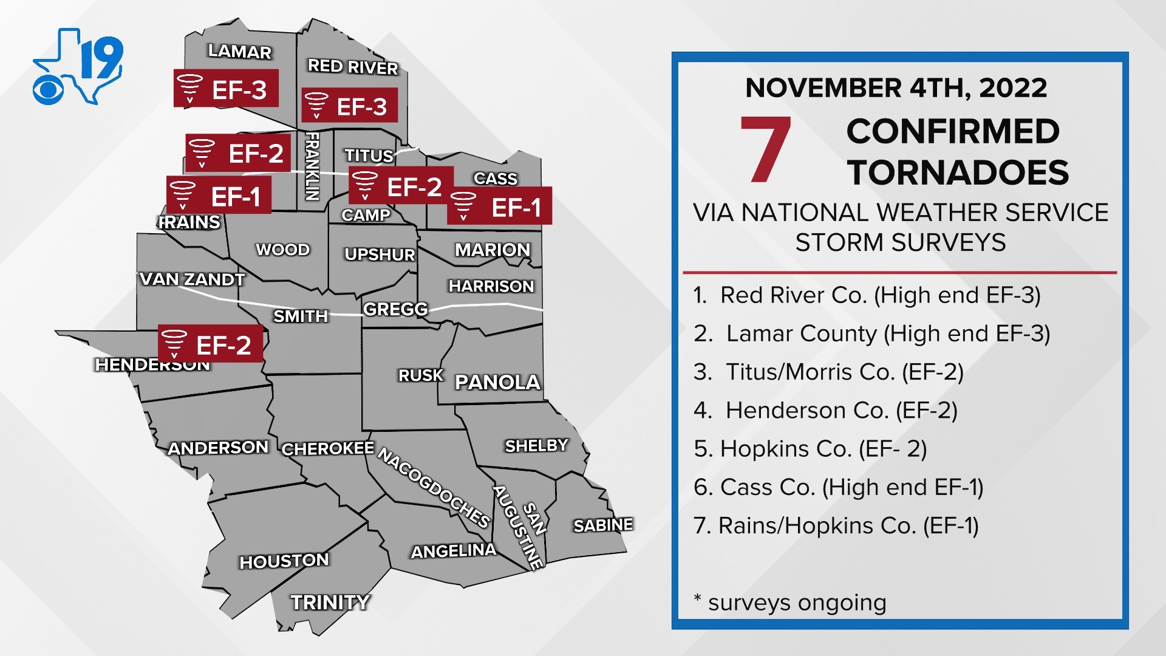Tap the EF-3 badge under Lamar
(x=226, y=89)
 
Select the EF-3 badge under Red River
(x=350, y=106)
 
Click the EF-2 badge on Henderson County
(x=210, y=344)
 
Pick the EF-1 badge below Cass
(x=499, y=207)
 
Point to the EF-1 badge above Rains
(x=219, y=196)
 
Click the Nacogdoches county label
(x=434, y=488)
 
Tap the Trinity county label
(x=330, y=602)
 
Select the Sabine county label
(x=603, y=525)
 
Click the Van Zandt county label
(x=192, y=279)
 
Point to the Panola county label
(x=497, y=382)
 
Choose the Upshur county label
(x=380, y=255)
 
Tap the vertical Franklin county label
(x=312, y=166)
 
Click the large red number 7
(x=765, y=150)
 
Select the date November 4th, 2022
(x=896, y=88)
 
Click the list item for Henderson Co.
(x=825, y=411)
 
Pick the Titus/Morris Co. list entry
(x=828, y=372)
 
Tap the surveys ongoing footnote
(x=790, y=603)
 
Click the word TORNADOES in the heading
(x=958, y=173)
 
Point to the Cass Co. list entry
(x=838, y=487)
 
